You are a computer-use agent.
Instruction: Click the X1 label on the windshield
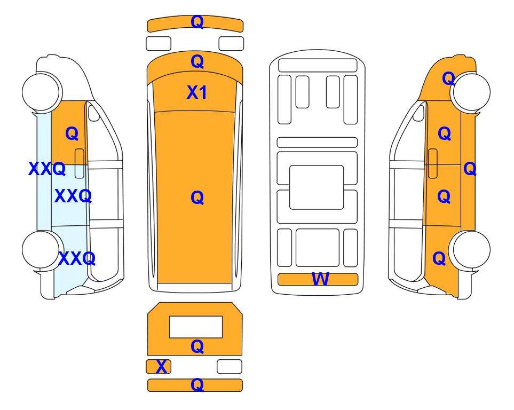(x=196, y=92)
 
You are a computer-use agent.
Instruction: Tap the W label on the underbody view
(x=320, y=279)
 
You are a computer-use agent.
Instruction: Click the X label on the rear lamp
(x=161, y=367)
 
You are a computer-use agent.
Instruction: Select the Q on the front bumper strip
(x=197, y=22)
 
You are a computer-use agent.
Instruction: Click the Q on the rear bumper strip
(x=197, y=384)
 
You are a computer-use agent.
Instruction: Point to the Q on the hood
(x=197, y=61)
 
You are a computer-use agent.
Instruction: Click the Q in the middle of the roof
(x=197, y=198)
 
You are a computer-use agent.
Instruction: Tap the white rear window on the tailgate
(x=196, y=327)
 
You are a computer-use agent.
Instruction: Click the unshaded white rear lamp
(x=230, y=366)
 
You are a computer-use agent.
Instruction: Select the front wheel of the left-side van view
(x=42, y=91)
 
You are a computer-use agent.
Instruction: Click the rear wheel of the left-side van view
(x=42, y=250)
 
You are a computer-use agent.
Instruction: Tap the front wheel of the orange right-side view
(x=471, y=92)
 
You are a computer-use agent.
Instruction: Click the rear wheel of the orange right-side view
(x=470, y=250)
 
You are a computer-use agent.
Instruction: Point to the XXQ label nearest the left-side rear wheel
(x=77, y=258)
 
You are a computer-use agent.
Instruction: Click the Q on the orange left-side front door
(x=72, y=133)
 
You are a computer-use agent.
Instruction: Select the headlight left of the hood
(x=159, y=44)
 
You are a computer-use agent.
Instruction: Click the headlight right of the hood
(x=231, y=44)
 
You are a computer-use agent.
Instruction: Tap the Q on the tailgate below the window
(x=197, y=346)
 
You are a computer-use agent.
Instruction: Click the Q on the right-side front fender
(x=448, y=78)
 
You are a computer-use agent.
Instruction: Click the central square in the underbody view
(x=317, y=187)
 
